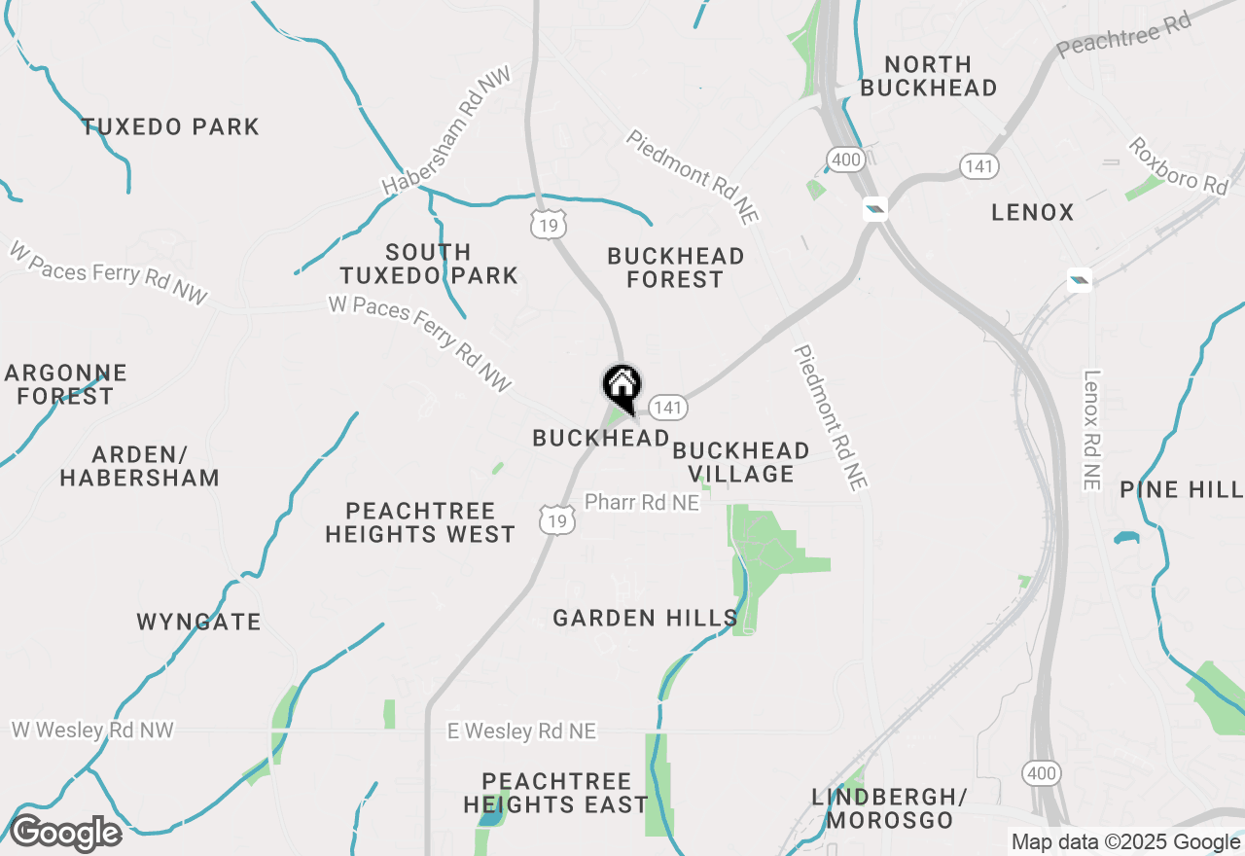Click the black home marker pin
coord(622,385)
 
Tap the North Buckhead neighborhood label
coord(929,76)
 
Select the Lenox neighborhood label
coord(1033,212)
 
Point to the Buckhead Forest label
coord(675,267)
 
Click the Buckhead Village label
coord(741,462)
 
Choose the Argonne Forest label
coord(65,384)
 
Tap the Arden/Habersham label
coord(139,466)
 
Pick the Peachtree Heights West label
coord(420,522)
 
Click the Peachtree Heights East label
coord(555,793)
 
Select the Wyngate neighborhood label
coord(199,622)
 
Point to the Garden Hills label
coord(645,618)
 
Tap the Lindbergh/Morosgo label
coord(889,809)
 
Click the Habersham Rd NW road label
coord(446,130)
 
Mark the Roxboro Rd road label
coord(1178,165)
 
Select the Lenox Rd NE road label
coord(1091,430)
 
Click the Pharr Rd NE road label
coord(641,502)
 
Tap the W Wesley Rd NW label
coord(92,730)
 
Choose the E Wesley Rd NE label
coord(521,731)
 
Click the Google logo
coord(65,833)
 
